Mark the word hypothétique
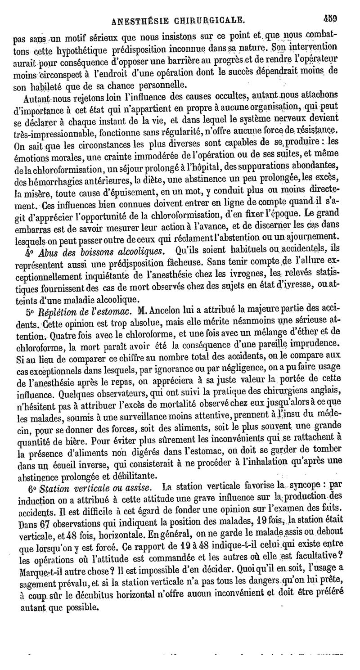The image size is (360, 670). click(x=80, y=49)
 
